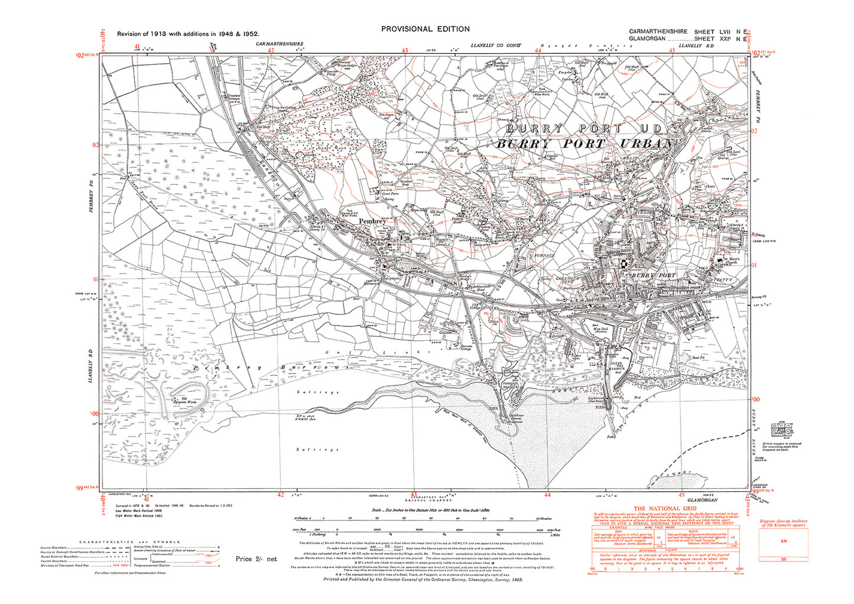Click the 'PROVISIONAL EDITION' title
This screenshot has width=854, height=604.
tap(426, 29)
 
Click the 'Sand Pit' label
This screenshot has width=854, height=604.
tap(699, 358)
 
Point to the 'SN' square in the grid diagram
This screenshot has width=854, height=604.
tap(784, 541)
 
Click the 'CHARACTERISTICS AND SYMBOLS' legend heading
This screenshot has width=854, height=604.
tap(129, 541)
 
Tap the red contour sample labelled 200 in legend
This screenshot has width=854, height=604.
tap(207, 556)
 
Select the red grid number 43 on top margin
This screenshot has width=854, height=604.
tap(405, 51)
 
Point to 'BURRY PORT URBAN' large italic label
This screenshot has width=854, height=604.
tap(584, 144)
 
